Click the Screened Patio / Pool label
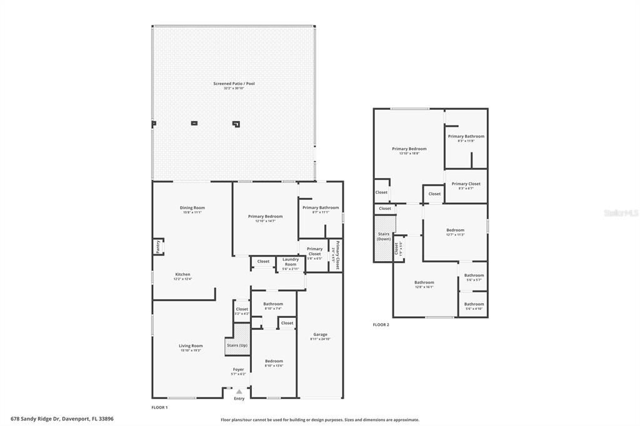point(234,83)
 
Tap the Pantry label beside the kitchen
point(157,247)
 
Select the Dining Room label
point(192,208)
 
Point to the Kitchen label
point(182,274)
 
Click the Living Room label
point(191,345)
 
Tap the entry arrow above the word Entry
point(239,392)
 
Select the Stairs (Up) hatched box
point(237,345)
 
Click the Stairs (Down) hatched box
point(384,237)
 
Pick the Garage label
point(320,334)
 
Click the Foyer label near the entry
point(239,369)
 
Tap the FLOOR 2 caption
point(381,325)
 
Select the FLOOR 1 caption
point(159,407)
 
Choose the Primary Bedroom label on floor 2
point(409,149)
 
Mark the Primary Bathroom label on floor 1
point(321,207)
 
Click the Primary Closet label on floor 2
point(466,184)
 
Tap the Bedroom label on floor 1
point(274,360)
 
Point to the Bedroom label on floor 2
point(455,230)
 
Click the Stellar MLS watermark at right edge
point(621,213)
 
